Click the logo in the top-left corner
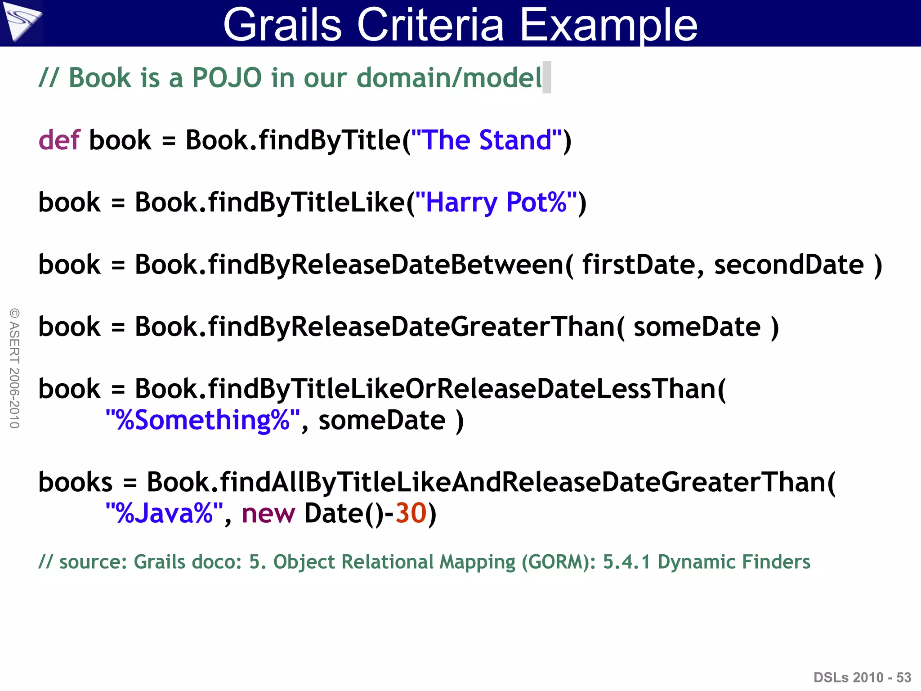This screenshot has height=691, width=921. coord(21,22)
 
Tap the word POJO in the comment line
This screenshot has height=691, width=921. coord(227,78)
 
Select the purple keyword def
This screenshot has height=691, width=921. coord(59,140)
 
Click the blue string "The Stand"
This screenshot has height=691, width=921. coord(487,140)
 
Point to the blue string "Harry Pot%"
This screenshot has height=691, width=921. coord(496,202)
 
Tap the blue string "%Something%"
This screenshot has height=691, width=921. coord(203,420)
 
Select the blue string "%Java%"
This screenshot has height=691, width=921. coord(164,513)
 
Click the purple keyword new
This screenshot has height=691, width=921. coord(268,513)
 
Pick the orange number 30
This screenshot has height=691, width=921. coord(411,513)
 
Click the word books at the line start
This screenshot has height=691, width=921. coord(75,482)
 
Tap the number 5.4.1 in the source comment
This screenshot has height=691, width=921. coord(626,562)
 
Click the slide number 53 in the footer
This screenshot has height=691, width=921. coord(903,678)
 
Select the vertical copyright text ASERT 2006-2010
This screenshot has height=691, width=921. coord(14,368)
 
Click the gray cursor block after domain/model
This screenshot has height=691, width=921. coord(546,77)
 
